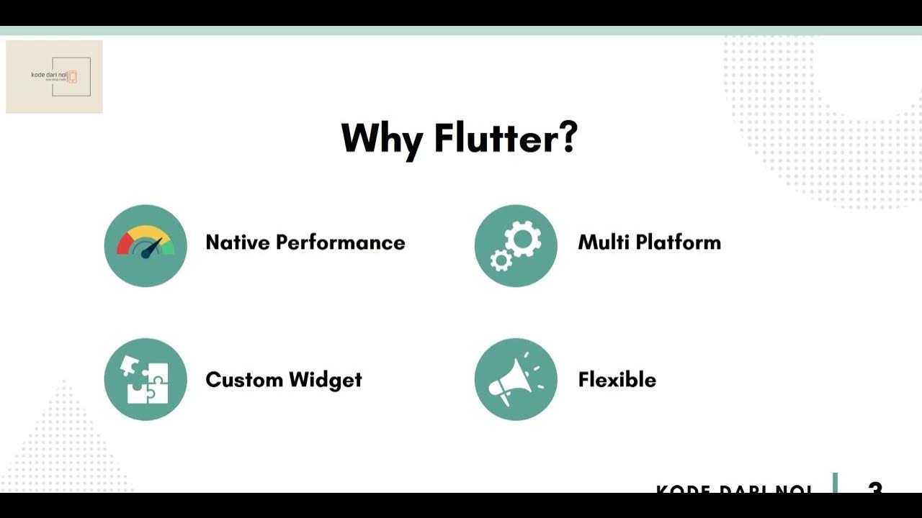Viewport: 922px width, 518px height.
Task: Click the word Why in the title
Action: pos(381,138)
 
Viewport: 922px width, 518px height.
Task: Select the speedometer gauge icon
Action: pos(146,245)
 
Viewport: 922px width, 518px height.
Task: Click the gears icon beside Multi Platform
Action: pos(516,245)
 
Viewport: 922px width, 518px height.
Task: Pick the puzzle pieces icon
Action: pos(146,379)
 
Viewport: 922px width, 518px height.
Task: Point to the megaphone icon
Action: pos(516,379)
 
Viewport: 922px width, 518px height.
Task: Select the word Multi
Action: pos(600,242)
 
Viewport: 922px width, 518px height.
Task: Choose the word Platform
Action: pos(675,242)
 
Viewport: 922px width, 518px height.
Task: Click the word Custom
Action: pos(243,379)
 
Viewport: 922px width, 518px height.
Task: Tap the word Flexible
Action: pos(617,379)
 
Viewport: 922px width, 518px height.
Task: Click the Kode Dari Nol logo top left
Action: pos(54,76)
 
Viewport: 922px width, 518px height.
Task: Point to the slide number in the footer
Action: pos(875,489)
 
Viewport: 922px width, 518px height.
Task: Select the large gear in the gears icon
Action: pos(523,238)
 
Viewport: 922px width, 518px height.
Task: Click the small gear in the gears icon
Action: pos(501,260)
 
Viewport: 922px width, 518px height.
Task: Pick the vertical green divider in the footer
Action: pos(836,483)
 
